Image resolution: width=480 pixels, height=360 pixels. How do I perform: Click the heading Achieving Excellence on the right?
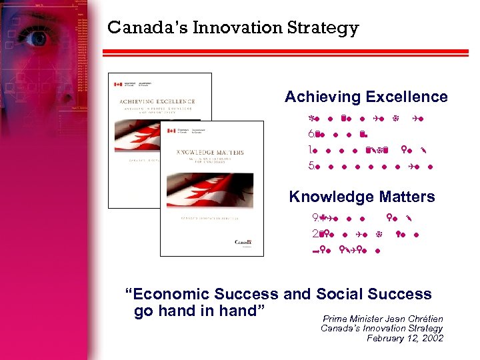366,97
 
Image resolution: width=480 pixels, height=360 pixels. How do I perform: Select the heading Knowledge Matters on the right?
361,197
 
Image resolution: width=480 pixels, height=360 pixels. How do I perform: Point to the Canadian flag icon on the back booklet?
119,84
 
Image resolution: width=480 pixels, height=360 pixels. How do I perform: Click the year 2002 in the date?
431,338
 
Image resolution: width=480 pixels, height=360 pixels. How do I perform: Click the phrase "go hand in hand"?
196,311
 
